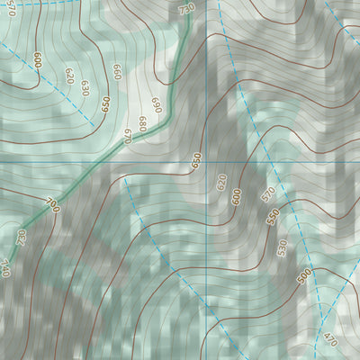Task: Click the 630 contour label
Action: pos(85,87)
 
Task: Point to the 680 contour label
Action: pos(141,121)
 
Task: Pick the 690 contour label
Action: pos(156,105)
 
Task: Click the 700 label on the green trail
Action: pos(52,205)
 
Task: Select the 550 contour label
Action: pos(274,217)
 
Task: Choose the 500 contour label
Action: pos(303,274)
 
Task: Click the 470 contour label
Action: pos(330,341)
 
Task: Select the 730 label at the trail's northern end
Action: pos(186,9)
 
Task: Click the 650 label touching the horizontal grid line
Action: pos(196,160)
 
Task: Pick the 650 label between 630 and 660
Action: pos(107,103)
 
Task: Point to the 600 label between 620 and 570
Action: pos(237,197)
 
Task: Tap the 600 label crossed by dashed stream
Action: pos(38,60)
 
